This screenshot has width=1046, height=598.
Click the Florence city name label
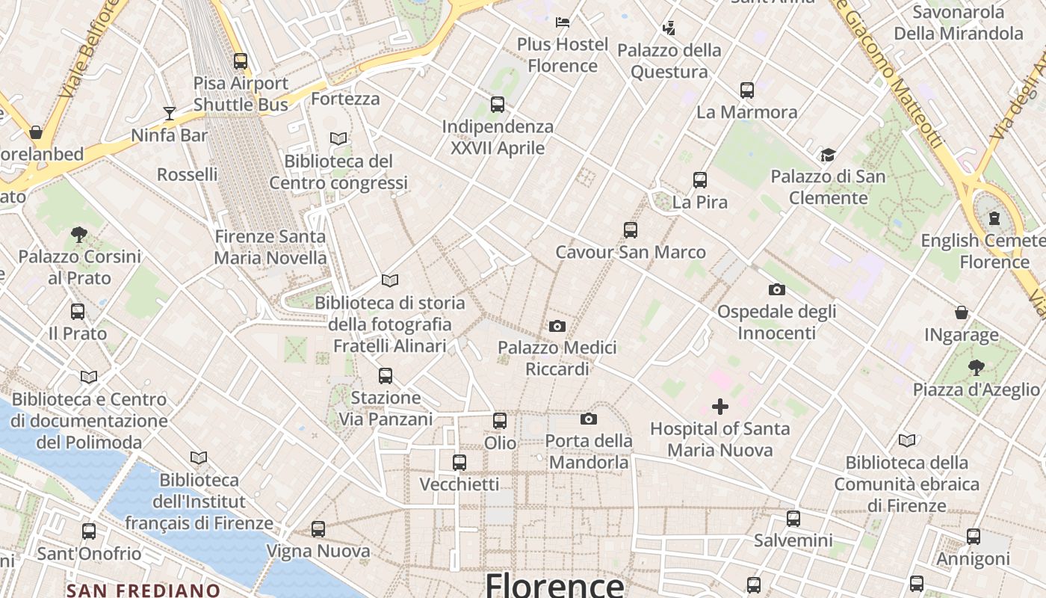pos(554,585)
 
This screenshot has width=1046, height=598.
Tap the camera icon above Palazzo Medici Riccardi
pos(557,326)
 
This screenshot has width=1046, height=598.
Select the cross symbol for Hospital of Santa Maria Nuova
pos(720,407)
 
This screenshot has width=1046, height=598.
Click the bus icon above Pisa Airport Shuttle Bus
pos(241,61)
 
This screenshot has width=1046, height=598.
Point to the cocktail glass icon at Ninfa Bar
pos(170,114)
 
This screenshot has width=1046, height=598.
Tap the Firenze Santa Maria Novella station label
pos(270,247)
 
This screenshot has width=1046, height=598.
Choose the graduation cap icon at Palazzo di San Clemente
pos(828,155)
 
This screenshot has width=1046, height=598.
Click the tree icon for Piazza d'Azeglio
pos(976,367)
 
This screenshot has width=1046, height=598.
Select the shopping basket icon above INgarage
pos(962,312)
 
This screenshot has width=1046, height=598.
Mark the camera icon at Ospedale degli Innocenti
pos(777,289)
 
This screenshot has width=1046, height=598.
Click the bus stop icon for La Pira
pos(700,180)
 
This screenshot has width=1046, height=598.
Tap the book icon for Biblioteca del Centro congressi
pos(338,138)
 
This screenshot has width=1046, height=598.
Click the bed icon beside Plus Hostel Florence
pos(563,22)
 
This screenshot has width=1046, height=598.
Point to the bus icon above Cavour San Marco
pos(631,230)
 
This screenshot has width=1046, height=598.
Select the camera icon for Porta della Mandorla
pos(589,419)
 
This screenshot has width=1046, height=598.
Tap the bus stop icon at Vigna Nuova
pos(318,529)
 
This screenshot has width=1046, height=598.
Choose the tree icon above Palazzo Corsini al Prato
pos(79,235)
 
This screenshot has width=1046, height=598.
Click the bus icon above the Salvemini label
pos(793,518)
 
